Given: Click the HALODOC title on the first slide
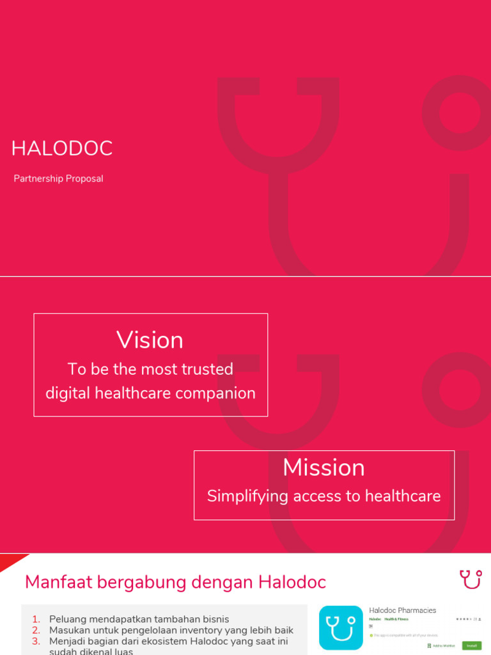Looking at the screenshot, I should click(x=62, y=148).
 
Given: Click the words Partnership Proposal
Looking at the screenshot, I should click(x=58, y=178).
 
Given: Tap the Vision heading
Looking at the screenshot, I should click(x=150, y=340).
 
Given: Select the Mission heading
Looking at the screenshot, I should click(x=323, y=467).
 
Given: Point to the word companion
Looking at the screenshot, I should click(x=220, y=393).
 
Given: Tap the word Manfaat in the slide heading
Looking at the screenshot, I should click(x=56, y=582).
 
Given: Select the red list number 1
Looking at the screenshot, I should click(x=36, y=619).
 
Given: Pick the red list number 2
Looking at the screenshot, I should click(x=36, y=630).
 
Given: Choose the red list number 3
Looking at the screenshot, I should click(x=36, y=641).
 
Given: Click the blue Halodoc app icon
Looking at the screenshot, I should click(x=341, y=627).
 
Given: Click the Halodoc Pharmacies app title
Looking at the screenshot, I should click(x=402, y=610).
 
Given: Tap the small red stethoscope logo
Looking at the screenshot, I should click(x=470, y=579).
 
